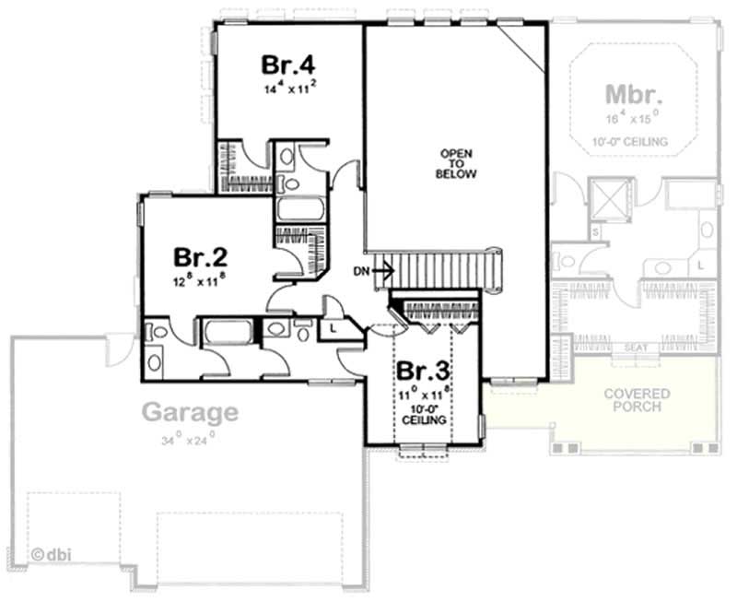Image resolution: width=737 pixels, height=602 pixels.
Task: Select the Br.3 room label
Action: coord(424,372)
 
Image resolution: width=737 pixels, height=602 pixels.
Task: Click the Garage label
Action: coord(189,412)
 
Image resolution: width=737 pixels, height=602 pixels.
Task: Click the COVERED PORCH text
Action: coord(637,400)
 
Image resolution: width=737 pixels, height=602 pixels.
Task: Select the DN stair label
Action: coord(362,271)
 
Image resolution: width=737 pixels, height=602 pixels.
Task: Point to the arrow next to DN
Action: coord(385,271)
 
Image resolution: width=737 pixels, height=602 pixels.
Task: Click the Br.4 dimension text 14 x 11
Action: coord(289,89)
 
